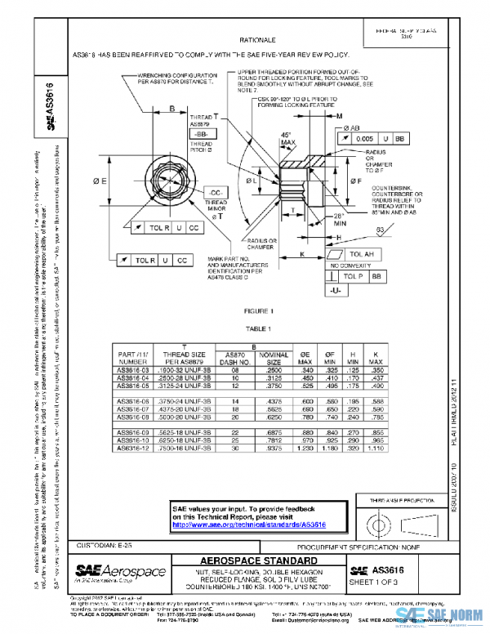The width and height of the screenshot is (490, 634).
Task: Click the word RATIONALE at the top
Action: [256, 39]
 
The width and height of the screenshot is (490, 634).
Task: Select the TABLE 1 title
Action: [258, 328]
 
